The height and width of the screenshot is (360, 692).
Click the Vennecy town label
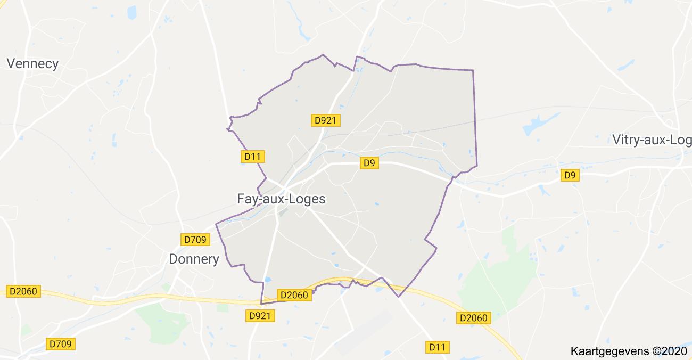pyautogui.click(x=32, y=64)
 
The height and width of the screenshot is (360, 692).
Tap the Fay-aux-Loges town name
pyautogui.click(x=281, y=199)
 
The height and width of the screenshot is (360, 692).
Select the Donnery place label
pyautogui.click(x=194, y=259)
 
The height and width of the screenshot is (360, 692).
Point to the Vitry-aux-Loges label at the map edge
pyautogui.click(x=652, y=140)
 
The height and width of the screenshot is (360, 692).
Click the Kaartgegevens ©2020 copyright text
pyautogui.click(x=629, y=351)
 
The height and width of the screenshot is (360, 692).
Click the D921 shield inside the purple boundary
pyautogui.click(x=325, y=120)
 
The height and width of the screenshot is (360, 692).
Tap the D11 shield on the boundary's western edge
pyautogui.click(x=253, y=157)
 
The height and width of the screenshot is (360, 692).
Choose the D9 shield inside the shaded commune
pyautogui.click(x=369, y=163)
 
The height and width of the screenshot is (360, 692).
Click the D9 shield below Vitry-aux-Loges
pyautogui.click(x=570, y=175)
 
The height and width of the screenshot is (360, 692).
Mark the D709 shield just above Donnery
pyautogui.click(x=195, y=240)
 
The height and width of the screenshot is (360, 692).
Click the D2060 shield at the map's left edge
pyautogui.click(x=24, y=291)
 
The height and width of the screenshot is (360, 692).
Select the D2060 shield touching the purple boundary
pyautogui.click(x=294, y=295)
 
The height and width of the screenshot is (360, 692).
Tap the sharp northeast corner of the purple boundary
pyautogui.click(x=473, y=70)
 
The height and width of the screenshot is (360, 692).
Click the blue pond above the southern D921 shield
pyautogui.click(x=267, y=279)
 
